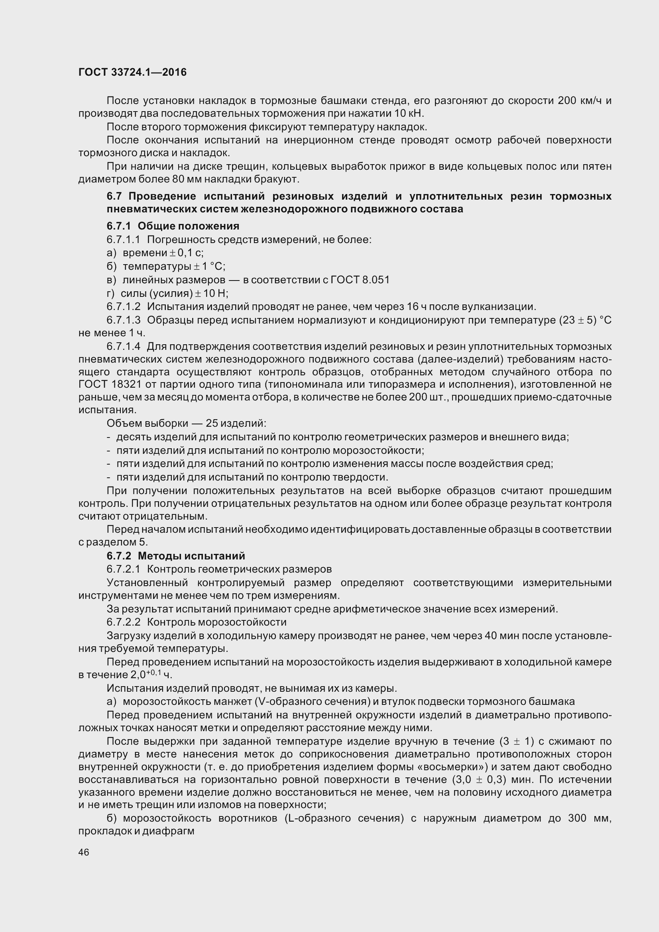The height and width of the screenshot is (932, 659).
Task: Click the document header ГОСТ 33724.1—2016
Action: pos(132,72)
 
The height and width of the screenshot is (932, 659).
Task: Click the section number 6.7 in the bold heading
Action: pos(114,196)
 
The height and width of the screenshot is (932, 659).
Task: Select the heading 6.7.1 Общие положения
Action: pos(173,226)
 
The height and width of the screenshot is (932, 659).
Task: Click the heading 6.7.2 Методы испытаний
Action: pos(176,556)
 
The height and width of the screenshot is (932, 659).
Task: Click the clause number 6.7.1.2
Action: pos(124,306)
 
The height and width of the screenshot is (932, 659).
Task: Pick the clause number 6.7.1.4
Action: pos(124,346)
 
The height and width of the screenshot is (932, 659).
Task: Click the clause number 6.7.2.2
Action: pos(124,622)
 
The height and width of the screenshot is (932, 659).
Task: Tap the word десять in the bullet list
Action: pos(132,437)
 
